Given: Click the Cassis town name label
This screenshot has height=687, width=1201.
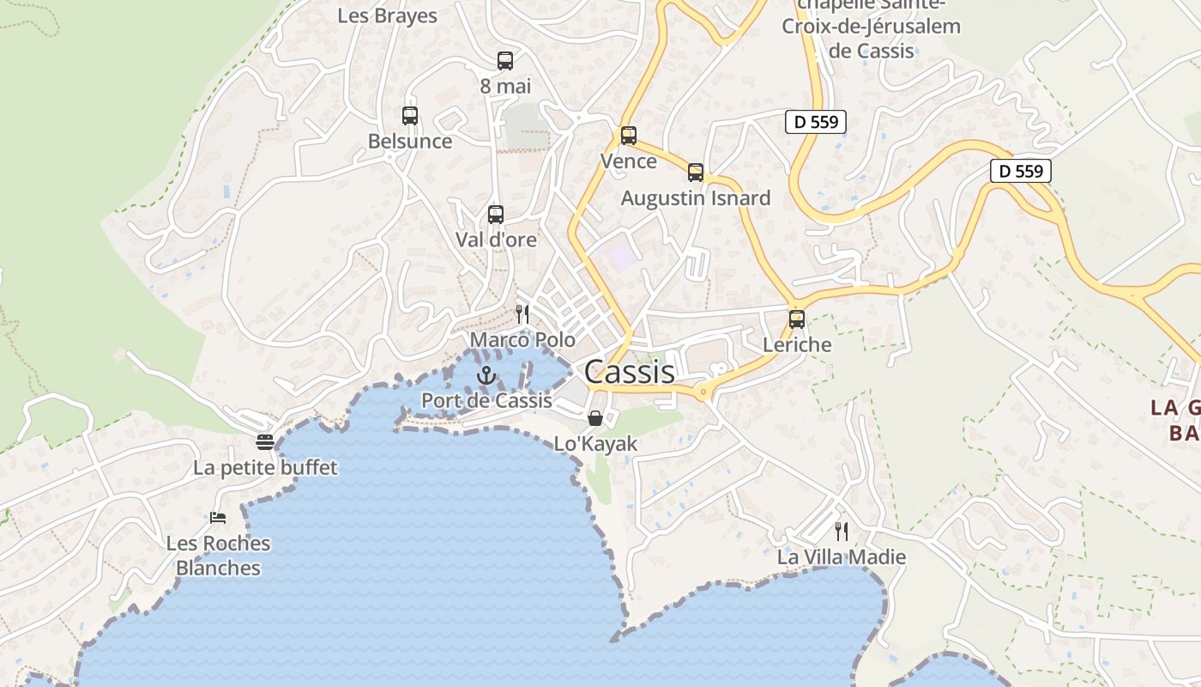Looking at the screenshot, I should (x=629, y=372).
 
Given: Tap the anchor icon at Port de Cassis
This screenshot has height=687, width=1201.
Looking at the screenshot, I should (x=486, y=375).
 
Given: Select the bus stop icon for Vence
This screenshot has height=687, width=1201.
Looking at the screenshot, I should (x=629, y=136).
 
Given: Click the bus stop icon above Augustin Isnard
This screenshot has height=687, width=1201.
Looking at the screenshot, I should (x=696, y=173).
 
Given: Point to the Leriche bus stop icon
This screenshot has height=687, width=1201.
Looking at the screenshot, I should (x=797, y=319).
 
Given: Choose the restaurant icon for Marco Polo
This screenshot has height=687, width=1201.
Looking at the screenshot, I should (x=522, y=314).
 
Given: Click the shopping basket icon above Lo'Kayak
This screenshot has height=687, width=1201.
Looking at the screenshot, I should (x=595, y=418).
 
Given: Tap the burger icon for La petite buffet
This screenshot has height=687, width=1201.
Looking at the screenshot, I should (x=265, y=442).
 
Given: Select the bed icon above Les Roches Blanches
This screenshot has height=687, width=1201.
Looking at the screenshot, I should (x=218, y=518).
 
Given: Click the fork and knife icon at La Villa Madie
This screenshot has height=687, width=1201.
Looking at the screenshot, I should (x=842, y=532).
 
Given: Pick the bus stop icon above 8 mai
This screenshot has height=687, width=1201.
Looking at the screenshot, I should (x=505, y=61).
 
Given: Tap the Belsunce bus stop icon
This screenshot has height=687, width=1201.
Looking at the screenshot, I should (x=410, y=116).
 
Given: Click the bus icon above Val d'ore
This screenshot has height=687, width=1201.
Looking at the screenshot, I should (x=495, y=215).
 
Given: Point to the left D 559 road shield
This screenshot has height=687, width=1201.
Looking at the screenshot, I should (x=816, y=122).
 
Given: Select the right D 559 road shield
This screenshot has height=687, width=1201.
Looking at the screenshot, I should (x=1021, y=171).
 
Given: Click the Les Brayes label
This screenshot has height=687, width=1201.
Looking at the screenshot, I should (x=387, y=15).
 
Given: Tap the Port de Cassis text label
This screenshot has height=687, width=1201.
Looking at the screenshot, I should (x=486, y=400).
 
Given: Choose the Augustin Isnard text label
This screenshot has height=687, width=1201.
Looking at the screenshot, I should (x=696, y=198).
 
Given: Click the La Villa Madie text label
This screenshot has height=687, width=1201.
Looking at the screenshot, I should (x=842, y=557).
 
